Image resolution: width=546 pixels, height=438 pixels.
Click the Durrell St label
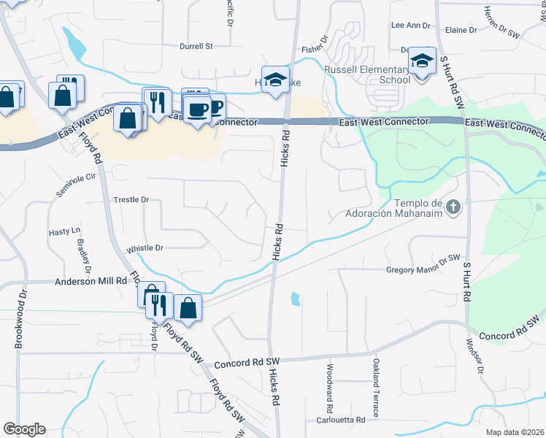pos(196,46)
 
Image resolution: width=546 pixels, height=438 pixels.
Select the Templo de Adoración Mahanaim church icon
pos(453,208)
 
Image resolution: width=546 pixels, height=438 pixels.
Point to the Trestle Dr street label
pos(131,199)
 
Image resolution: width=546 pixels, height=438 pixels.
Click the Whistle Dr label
pos(145,249)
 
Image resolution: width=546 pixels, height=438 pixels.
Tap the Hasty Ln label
pos(64,231)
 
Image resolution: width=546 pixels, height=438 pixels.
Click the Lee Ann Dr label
pos(411,25)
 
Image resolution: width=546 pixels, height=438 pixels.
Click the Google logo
pos(24,429)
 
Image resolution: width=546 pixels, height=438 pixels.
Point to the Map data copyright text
pos(515,432)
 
